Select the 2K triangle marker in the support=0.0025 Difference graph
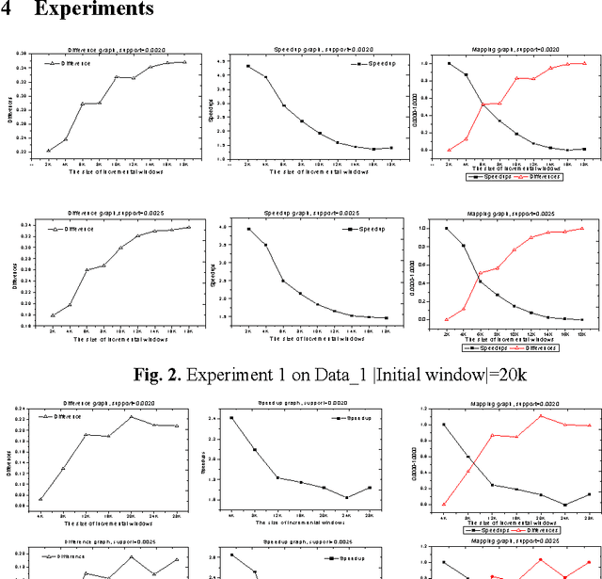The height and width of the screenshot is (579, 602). (x=53, y=315)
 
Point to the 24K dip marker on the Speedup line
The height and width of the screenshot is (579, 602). (x=347, y=497)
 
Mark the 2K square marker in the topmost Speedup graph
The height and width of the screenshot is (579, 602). (x=248, y=66)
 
